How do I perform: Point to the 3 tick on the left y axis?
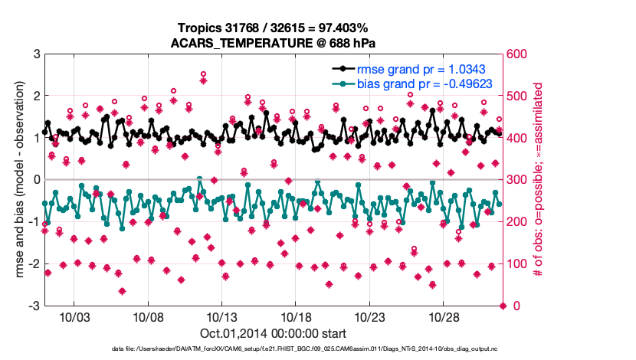(x=35, y=54)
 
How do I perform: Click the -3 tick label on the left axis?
(x=33, y=306)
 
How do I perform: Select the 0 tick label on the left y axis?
(x=35, y=180)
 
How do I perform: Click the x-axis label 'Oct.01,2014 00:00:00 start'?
(x=274, y=333)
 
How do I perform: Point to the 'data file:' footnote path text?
(x=274, y=349)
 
